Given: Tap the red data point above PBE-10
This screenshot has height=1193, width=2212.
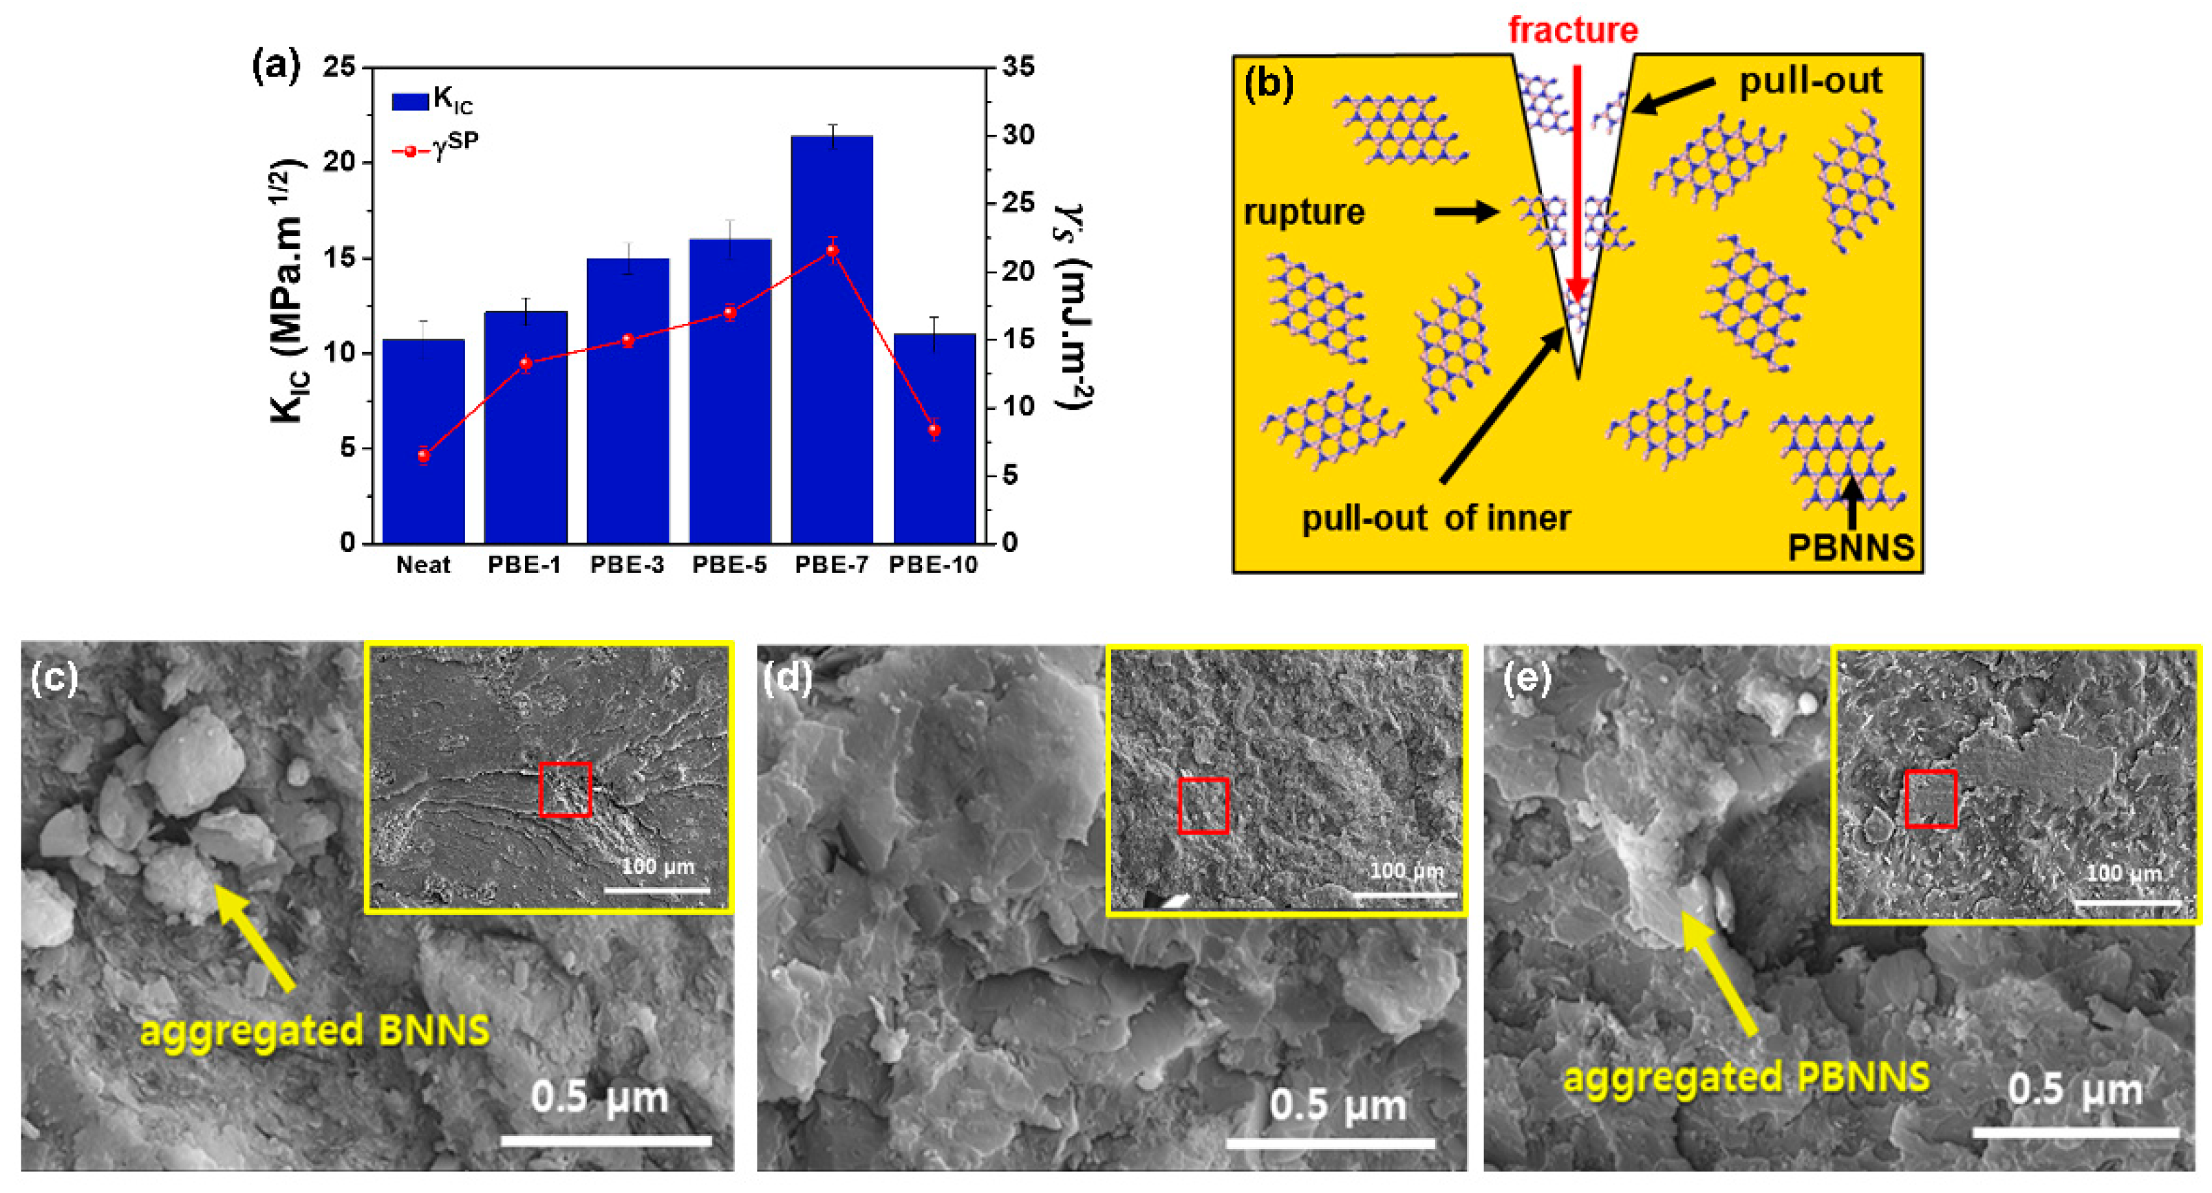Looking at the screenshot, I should point(934,430).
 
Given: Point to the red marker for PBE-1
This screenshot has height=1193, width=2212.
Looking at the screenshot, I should point(526,363).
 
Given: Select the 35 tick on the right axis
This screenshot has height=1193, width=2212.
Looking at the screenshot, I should point(1018,67).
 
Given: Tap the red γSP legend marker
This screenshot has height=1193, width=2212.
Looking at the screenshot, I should point(411,152).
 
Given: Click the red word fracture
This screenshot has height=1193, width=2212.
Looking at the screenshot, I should point(1573,31).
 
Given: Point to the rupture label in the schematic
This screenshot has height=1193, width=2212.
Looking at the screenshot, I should point(1304,212).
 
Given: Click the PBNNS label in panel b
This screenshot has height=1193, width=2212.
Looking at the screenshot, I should point(1851,547).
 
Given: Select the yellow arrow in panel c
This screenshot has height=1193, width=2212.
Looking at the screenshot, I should point(255,937).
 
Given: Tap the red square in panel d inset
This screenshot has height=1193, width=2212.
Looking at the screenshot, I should point(1203,805).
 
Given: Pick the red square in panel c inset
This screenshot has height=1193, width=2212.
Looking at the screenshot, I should point(565,789).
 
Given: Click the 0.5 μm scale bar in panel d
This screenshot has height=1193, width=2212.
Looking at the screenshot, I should point(1329,1143).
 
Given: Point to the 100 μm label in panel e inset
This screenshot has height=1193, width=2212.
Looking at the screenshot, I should point(2123,874).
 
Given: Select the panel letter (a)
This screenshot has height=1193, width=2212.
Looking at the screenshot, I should point(276,67).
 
